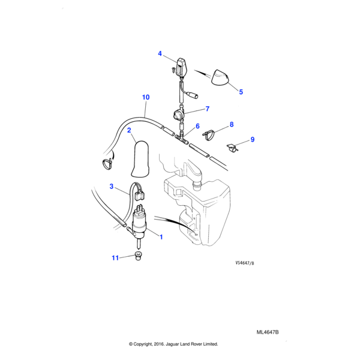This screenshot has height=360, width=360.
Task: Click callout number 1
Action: tap(161, 236)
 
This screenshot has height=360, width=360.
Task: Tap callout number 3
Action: tap(111, 187)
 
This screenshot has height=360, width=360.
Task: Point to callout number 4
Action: tap(160, 54)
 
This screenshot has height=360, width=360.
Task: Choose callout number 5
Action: tap(241, 92)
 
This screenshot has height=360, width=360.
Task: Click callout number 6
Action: tap(197, 127)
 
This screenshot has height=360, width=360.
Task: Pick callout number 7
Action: tap(207, 109)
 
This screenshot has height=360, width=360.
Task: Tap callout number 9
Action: tap(252, 139)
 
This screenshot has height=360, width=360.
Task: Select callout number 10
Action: tap(145, 97)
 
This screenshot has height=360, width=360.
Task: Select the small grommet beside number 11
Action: tap(137, 258)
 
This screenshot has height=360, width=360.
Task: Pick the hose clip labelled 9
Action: tap(233, 146)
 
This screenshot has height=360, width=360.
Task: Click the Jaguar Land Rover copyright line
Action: tap(173, 344)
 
